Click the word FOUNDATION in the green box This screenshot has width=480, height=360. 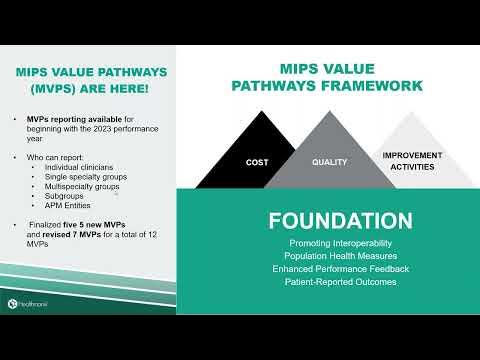coord(326,220)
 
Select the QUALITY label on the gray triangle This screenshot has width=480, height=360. coord(329,161)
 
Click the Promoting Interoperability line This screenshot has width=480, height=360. coord(326,243)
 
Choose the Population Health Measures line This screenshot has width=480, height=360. coord(326,256)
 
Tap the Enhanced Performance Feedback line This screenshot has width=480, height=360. coord(326,269)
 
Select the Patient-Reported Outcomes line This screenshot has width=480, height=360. coord(326,282)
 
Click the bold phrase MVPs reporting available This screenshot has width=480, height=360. coord(74,119)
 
